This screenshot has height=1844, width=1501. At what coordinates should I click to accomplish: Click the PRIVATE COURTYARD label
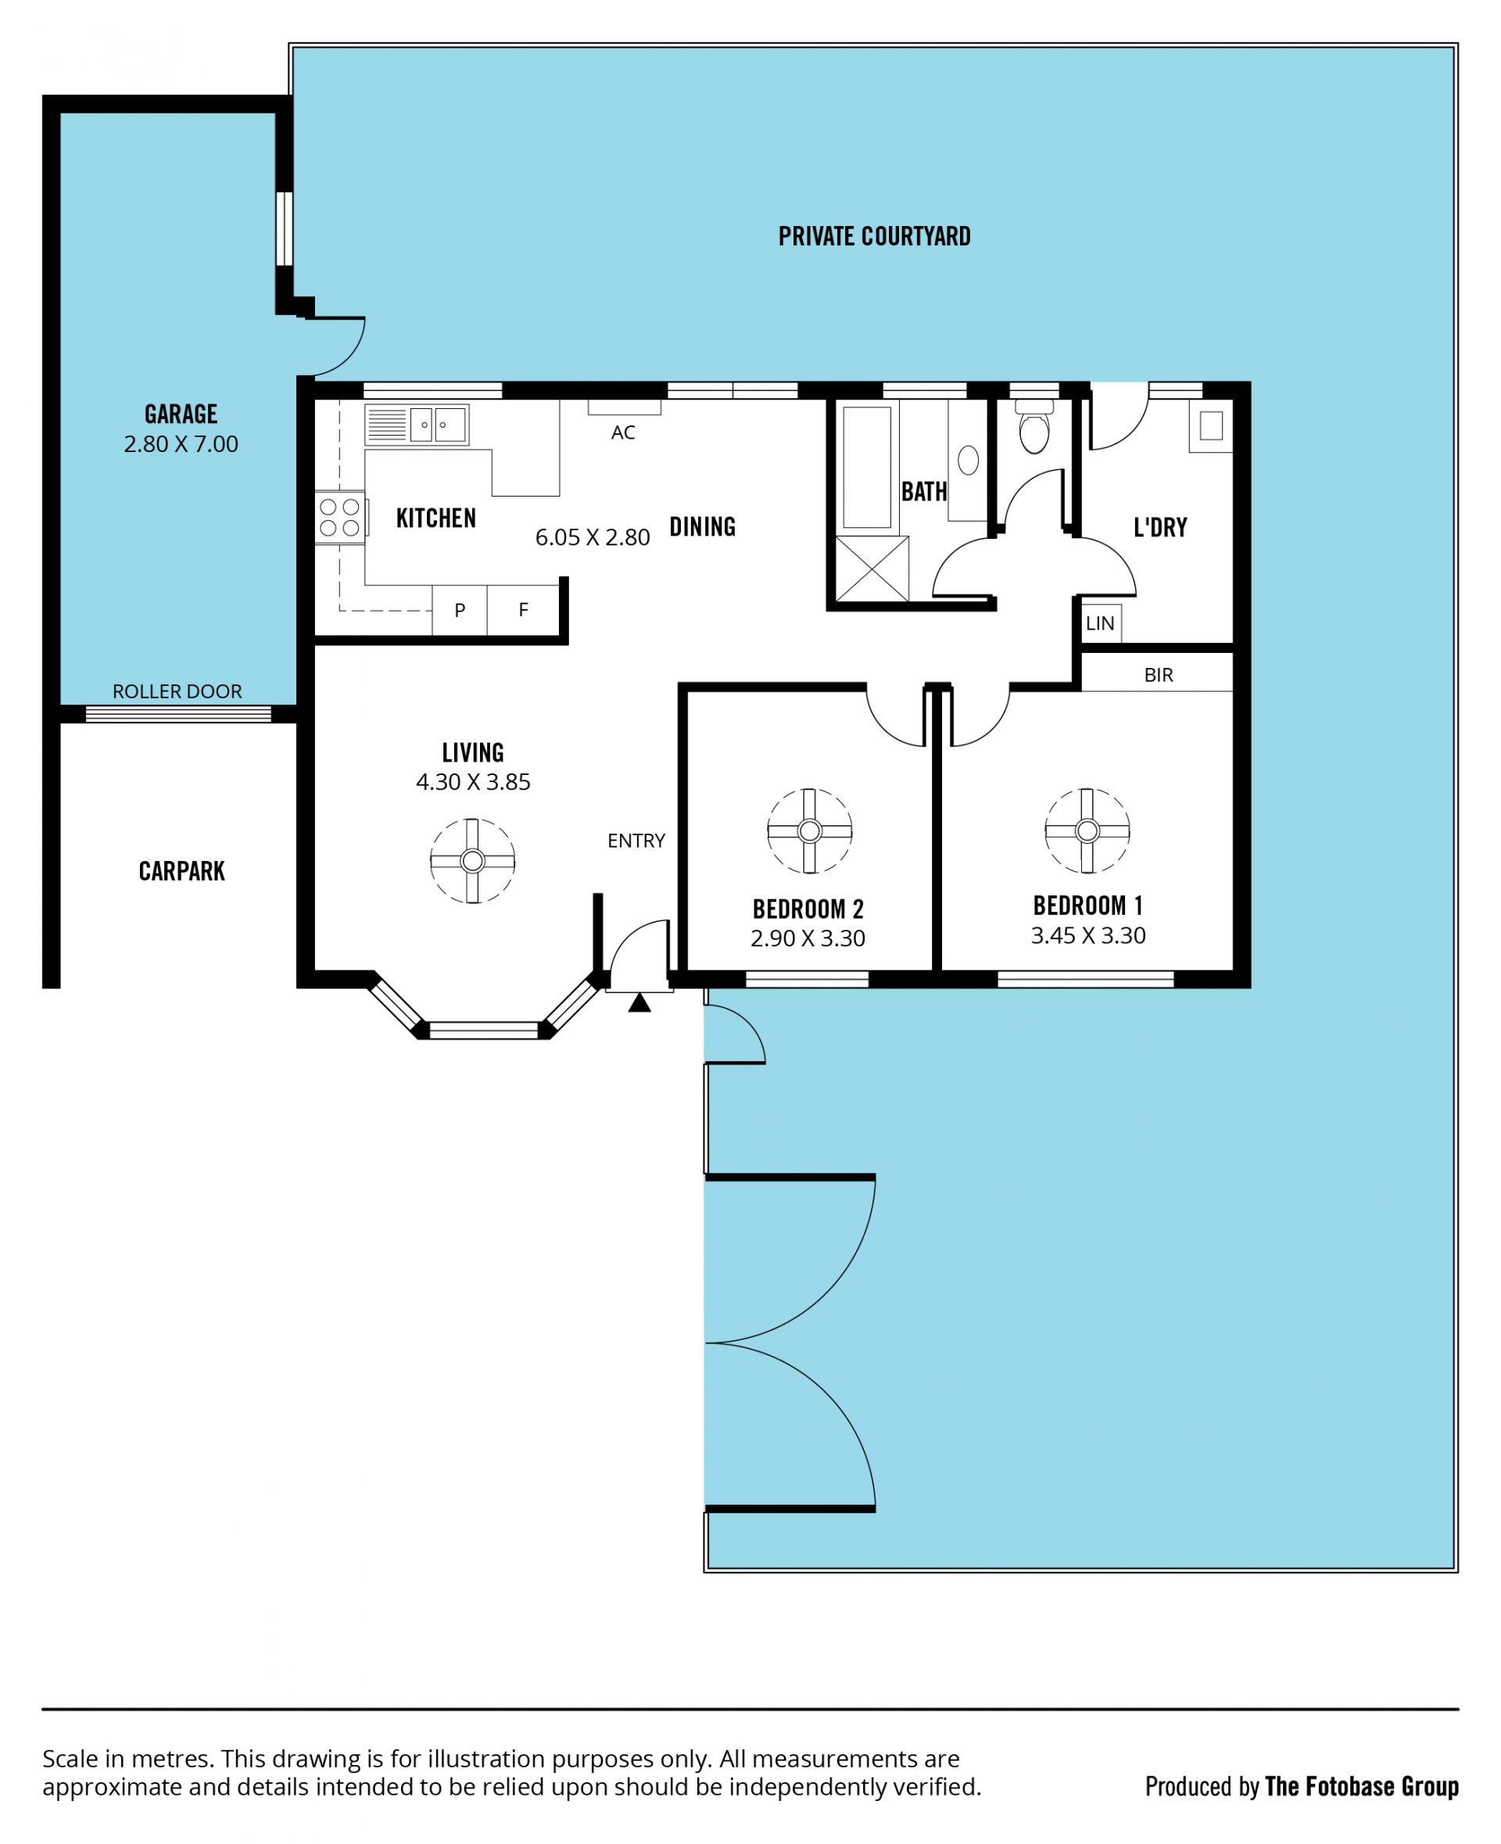pyautogui.click(x=874, y=236)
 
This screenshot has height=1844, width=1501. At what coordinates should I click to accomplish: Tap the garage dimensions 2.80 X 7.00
pyautogui.click(x=181, y=443)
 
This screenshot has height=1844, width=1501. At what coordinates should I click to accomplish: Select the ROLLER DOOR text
pyautogui.click(x=177, y=691)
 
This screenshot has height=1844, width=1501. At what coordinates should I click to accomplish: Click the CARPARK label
pyautogui.click(x=181, y=871)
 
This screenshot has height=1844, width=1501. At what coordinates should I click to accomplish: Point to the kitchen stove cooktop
pyautogui.click(x=340, y=517)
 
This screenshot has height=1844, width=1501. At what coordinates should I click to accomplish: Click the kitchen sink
pyautogui.click(x=417, y=425)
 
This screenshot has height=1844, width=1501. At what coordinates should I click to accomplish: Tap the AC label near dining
pyautogui.click(x=623, y=432)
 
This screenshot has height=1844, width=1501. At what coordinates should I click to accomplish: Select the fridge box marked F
pyautogui.click(x=523, y=610)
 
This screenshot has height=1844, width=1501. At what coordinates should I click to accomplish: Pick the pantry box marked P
pyautogui.click(x=460, y=610)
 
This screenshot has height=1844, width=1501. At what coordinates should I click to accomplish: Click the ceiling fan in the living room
pyautogui.click(x=473, y=860)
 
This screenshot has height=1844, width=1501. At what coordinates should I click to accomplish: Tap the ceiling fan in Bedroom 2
pyautogui.click(x=810, y=831)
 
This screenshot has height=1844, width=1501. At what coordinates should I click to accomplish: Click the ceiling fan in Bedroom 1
pyautogui.click(x=1087, y=831)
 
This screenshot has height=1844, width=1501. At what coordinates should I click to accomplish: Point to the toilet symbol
pyautogui.click(x=1034, y=427)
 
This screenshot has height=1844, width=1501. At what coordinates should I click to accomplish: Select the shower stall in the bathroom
pyautogui.click(x=872, y=569)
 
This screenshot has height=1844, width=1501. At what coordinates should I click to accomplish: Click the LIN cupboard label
pyautogui.click(x=1100, y=622)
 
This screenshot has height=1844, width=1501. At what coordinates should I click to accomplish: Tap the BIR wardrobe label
pyautogui.click(x=1159, y=675)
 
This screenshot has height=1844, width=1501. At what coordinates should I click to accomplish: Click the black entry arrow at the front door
pyautogui.click(x=639, y=1003)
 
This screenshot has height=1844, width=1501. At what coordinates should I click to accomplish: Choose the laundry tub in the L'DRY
pyautogui.click(x=1210, y=425)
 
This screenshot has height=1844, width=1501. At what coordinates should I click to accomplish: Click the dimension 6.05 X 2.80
pyautogui.click(x=593, y=537)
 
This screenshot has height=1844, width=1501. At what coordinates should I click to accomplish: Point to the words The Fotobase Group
pyautogui.click(x=1361, y=1786)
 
